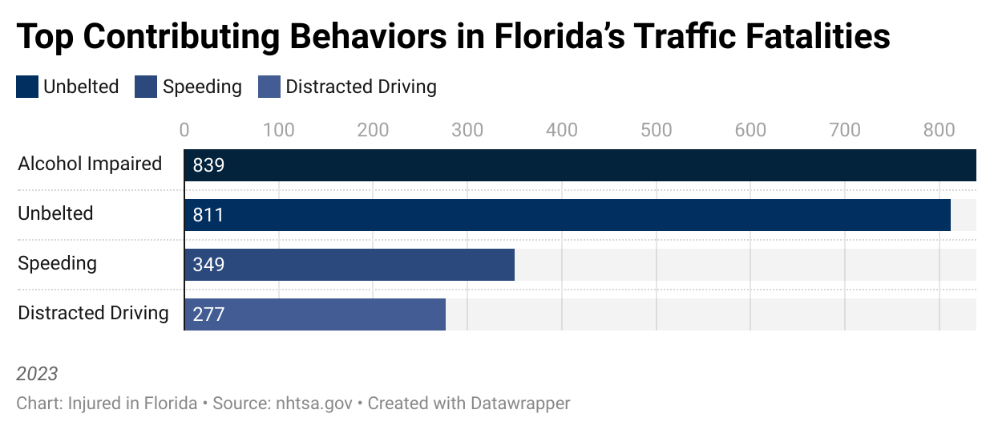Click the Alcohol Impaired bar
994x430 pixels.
pyautogui.click(x=580, y=165)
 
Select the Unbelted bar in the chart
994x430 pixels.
pyautogui.click(x=567, y=215)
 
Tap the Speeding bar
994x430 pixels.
pyautogui.click(x=349, y=265)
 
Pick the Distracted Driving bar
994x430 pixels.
pyautogui.click(x=314, y=314)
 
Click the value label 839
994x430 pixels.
pyautogui.click(x=208, y=166)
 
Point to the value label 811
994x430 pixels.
pyautogui.click(x=208, y=216)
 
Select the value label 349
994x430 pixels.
pyautogui.click(x=208, y=266)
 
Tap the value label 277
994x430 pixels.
pyautogui.click(x=208, y=315)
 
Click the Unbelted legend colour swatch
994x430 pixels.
pyautogui.click(x=27, y=87)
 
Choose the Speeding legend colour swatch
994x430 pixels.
pyautogui.click(x=146, y=87)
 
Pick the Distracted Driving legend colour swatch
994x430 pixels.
pyautogui.click(x=269, y=87)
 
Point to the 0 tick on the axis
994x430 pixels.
pyautogui.click(x=184, y=130)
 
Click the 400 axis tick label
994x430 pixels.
pyautogui.click(x=562, y=130)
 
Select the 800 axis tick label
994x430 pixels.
pyautogui.click(x=939, y=130)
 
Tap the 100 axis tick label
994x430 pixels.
pyautogui.click(x=279, y=130)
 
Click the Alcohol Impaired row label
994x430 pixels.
pyautogui.click(x=90, y=164)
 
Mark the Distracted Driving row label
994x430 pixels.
pyautogui.click(x=93, y=313)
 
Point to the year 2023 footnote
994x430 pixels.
pyautogui.click(x=37, y=374)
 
